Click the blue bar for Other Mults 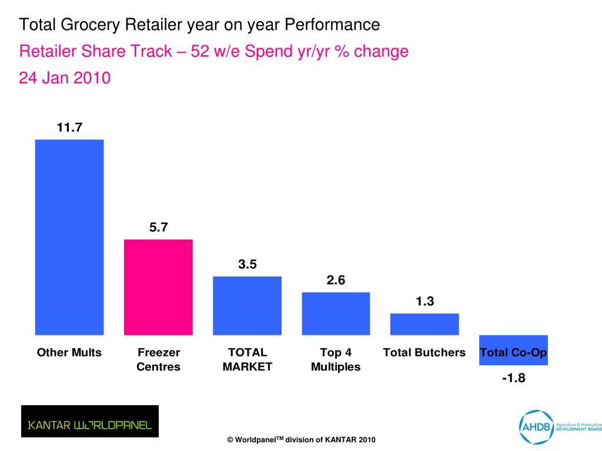pos(69,237)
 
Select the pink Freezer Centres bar pos(158,287)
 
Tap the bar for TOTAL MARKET pos(247,305)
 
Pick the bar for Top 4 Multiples pos(336,313)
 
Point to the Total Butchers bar pos(424,324)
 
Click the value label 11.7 pos(69,127)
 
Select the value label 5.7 pos(159,227)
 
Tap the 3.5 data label pos(248,264)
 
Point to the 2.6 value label pos(336,280)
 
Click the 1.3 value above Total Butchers pos(424,301)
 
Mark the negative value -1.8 pos(513,378)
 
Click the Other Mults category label pos(69,353)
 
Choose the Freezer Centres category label pos(159,360)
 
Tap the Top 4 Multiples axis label pos(336,360)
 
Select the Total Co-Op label pos(513,353)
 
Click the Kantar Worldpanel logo pos(90,421)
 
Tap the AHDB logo pos(558,426)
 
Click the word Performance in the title pos(332,25)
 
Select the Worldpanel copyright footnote pos(301,440)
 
